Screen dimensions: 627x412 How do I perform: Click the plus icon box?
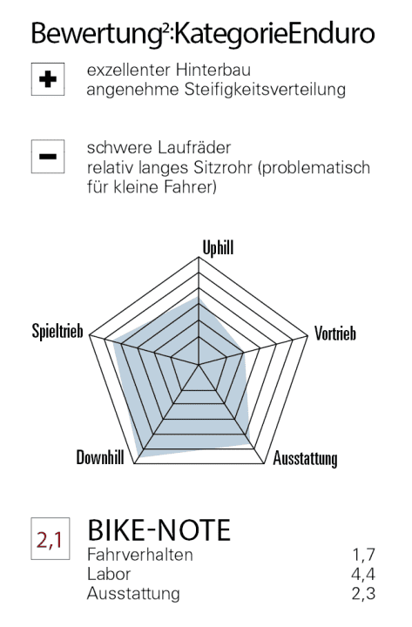(x=49, y=79)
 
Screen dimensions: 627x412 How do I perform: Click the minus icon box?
(x=49, y=157)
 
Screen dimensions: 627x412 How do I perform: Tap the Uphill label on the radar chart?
(x=218, y=249)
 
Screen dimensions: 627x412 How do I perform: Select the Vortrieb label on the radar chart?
(x=335, y=334)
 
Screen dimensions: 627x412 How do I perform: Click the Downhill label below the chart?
(x=100, y=459)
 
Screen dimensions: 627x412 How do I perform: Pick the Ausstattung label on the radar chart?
(x=306, y=459)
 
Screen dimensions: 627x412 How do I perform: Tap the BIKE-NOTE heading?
(x=159, y=529)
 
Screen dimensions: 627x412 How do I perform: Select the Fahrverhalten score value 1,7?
(x=363, y=555)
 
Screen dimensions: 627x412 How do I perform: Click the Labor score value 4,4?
(x=363, y=574)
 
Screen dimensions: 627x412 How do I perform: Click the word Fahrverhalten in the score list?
(x=140, y=555)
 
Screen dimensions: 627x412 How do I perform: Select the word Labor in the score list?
(x=109, y=574)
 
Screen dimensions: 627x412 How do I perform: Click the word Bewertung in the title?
(x=84, y=34)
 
